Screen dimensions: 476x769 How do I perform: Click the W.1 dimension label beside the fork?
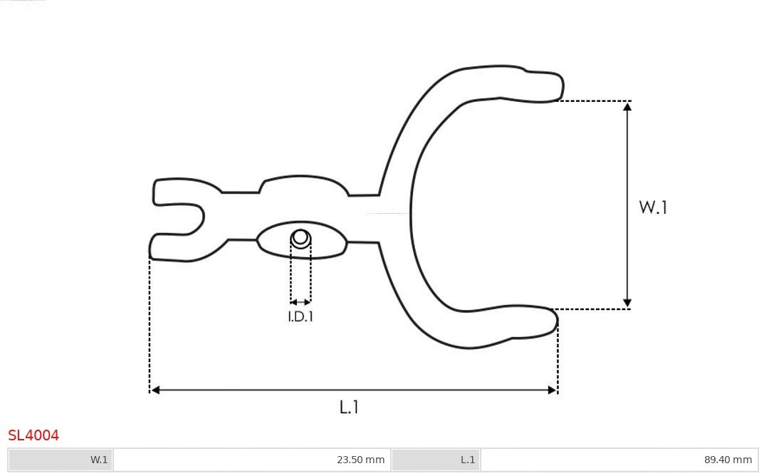(652, 207)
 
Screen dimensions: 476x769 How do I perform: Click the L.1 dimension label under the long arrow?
(349, 407)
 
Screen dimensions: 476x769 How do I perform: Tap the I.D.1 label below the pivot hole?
(300, 316)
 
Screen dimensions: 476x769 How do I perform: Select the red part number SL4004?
(33, 435)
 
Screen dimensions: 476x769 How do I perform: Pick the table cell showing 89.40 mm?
(619, 460)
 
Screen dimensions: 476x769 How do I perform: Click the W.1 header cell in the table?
(61, 460)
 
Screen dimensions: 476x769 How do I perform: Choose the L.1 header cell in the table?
(436, 460)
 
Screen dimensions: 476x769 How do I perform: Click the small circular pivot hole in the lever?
(300, 237)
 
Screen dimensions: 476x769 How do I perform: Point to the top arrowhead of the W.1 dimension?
(627, 106)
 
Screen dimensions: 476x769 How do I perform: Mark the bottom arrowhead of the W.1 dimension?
(627, 304)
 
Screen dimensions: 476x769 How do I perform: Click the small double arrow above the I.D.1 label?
(300, 302)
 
